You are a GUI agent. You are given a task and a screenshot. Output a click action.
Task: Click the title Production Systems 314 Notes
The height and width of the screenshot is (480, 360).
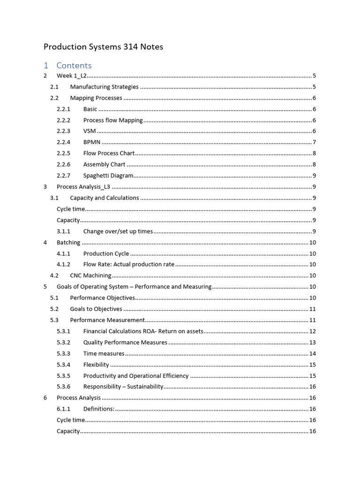(103, 47)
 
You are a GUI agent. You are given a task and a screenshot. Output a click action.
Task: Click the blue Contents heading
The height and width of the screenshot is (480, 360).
(74, 65)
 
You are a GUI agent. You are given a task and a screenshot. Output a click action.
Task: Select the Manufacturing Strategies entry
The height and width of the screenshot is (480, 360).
(104, 87)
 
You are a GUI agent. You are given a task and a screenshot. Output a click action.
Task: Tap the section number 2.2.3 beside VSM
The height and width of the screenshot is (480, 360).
(63, 131)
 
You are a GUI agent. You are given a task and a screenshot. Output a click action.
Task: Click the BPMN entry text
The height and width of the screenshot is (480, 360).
(92, 142)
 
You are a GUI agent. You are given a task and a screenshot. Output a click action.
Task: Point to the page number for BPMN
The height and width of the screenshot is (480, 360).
(314, 142)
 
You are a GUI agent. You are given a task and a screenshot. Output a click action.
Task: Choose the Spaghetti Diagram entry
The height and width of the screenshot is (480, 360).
(108, 176)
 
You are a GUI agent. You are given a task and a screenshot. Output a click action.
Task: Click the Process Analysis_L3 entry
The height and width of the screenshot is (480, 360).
(83, 187)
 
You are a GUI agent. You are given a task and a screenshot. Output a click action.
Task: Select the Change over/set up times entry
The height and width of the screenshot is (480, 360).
(118, 231)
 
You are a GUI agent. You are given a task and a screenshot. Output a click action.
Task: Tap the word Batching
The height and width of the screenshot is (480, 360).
(68, 242)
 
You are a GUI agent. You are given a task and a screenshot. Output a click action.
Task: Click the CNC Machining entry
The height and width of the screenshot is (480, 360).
(90, 276)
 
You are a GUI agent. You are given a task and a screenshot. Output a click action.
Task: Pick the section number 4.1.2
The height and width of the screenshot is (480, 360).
(63, 264)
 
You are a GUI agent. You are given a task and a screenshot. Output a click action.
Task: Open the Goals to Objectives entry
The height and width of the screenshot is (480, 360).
(96, 309)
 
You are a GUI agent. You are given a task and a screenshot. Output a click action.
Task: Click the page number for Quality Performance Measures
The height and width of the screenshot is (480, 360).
(312, 342)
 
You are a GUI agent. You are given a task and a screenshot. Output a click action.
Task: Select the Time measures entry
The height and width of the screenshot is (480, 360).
(104, 353)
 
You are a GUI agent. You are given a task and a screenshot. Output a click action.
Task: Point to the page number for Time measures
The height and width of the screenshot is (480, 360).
(312, 353)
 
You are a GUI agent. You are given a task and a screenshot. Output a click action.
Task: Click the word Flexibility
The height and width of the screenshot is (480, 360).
(96, 365)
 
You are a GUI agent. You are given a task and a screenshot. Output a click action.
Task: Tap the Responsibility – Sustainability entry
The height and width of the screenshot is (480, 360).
(123, 387)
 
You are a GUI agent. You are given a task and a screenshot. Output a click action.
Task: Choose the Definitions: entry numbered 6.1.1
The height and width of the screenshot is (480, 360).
(98, 409)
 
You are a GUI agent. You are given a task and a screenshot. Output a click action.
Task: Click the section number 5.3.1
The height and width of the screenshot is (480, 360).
(63, 331)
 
